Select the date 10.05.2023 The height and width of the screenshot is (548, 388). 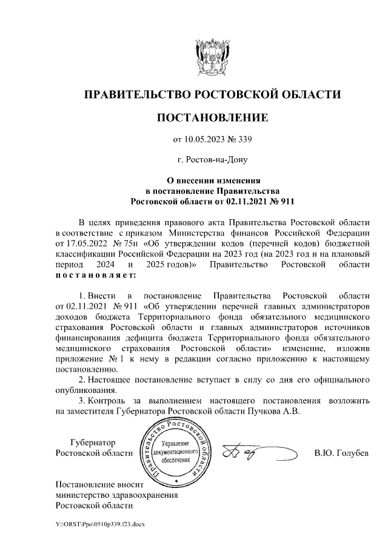click(207, 140)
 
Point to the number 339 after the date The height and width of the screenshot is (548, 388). click(244, 140)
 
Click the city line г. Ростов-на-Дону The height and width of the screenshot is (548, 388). click(212, 160)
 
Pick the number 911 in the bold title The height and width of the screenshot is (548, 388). click(284, 199)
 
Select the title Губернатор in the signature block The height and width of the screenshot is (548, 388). click(93, 443)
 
